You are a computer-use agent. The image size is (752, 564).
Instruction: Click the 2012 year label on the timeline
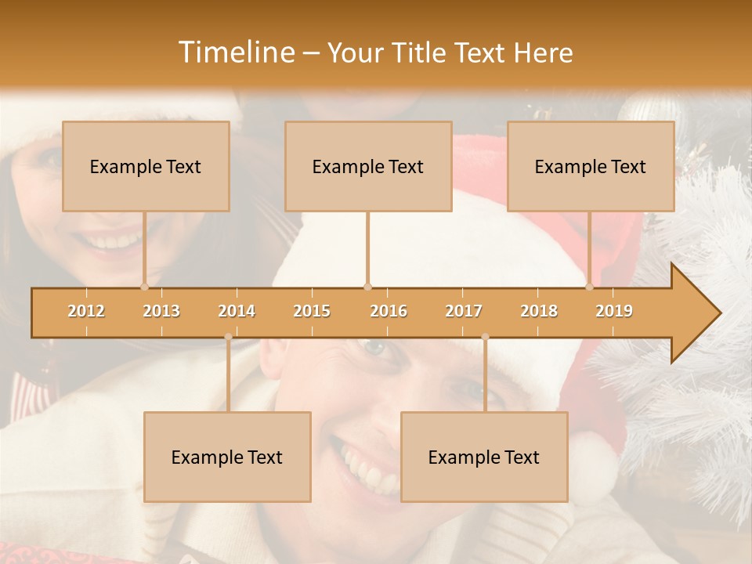86,311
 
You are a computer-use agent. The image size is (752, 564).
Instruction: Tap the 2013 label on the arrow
161,311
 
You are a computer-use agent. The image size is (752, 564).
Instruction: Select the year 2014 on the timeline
237,311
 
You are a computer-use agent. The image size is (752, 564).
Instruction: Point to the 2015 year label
312,311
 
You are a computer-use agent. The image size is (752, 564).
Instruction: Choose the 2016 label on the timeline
389,311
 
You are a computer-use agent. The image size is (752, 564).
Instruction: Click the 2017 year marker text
464,311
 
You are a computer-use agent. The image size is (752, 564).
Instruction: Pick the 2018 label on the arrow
539,311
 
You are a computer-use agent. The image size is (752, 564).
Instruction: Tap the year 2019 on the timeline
614,311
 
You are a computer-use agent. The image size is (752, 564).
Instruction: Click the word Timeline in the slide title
235,52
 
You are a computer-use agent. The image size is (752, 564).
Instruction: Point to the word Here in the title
543,52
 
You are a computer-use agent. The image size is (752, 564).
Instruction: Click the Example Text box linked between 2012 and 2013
146,166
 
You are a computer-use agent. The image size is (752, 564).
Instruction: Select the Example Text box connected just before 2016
368,166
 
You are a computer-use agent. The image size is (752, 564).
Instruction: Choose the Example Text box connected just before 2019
591,166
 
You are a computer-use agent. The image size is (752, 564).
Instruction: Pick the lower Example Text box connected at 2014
227,457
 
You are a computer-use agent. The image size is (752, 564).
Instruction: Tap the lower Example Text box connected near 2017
484,457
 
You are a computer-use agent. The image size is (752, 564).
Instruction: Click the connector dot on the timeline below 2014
228,337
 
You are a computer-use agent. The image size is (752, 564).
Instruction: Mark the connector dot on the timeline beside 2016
367,287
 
